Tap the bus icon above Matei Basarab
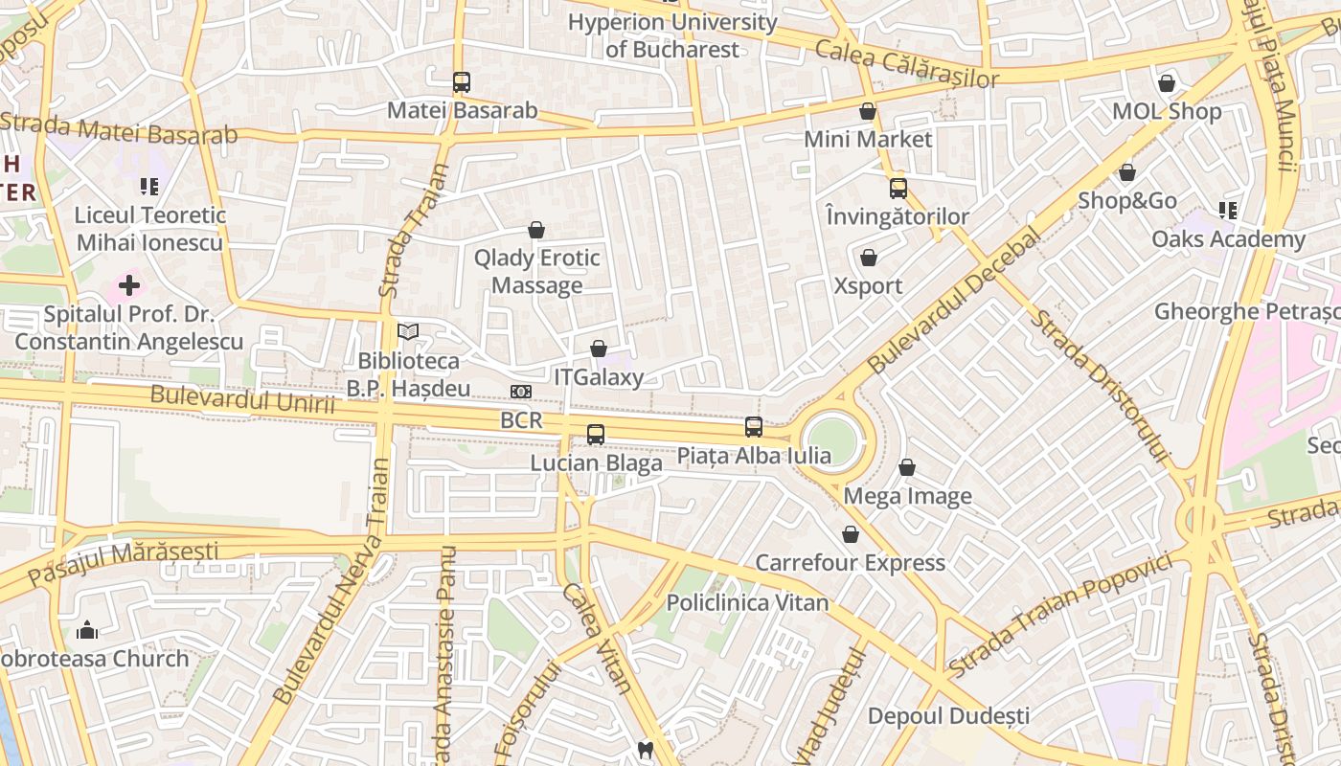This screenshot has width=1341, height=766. point(462,82)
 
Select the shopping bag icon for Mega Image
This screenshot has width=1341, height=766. point(907,468)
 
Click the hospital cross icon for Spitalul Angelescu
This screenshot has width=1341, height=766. point(129,285)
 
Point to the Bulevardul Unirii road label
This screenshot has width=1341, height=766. point(243,399)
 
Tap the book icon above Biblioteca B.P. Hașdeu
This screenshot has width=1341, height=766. point(408,332)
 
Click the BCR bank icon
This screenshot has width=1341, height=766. point(521,392)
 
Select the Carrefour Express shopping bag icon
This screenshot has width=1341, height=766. point(851,534)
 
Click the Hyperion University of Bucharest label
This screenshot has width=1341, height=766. point(672,35)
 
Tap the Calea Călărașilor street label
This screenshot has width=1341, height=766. point(906,64)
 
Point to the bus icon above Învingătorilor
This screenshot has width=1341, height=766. point(898,189)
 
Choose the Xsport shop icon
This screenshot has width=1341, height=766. point(869,259)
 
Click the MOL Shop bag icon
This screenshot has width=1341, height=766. point(1167,84)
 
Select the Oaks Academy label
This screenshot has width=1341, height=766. point(1228,238)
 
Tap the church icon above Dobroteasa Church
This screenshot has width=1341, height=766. point(87,630)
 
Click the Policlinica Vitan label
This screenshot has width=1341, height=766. point(747,602)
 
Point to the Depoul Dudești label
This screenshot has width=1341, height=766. point(948,715)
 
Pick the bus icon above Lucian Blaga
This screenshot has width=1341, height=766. point(596,435)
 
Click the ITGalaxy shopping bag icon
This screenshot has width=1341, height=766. point(599,349)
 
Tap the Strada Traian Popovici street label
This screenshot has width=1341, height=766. point(1060,613)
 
